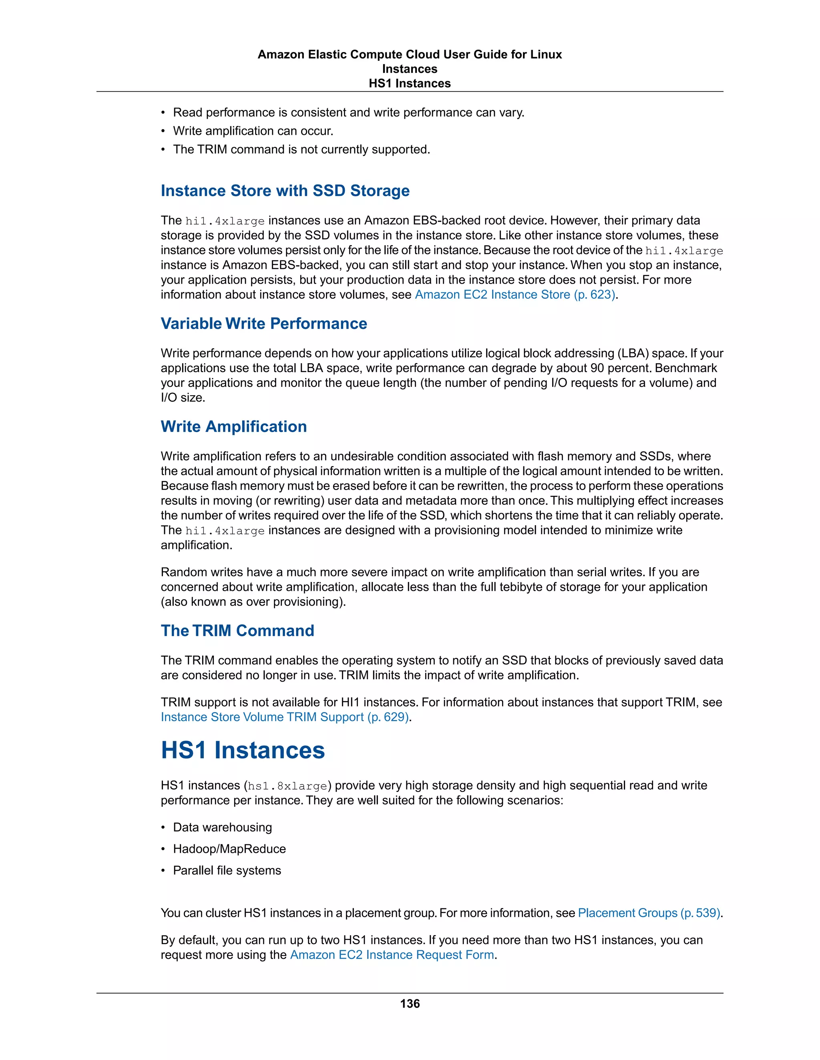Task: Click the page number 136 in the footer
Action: pos(410,1003)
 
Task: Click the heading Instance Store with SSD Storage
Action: pos(285,191)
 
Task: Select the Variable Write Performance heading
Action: pos(264,324)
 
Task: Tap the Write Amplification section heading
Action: pos(234,427)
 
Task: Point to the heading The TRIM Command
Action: pos(237,630)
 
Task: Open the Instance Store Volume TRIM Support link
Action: pos(285,717)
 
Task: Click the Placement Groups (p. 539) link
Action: pos(649,913)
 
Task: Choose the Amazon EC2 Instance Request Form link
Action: pos(392,955)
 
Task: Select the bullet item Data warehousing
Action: pos(223,828)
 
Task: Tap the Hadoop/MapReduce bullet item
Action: pos(229,849)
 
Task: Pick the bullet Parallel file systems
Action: pos(227,870)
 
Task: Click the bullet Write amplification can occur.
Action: pos(253,131)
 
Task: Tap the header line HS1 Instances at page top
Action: pos(410,84)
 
